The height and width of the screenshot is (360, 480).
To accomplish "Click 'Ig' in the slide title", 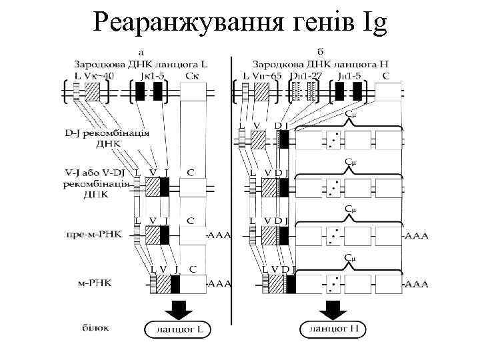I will tap(371, 23).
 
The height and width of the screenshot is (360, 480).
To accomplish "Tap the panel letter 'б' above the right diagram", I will tap(320, 51).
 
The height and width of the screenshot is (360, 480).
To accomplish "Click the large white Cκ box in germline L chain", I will tap(194, 93).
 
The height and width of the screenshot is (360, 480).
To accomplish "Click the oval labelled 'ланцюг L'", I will tap(177, 329).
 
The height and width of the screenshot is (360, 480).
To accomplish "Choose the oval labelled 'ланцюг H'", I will tap(332, 329).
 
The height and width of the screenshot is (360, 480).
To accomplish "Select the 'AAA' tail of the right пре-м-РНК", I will tap(417, 235).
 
